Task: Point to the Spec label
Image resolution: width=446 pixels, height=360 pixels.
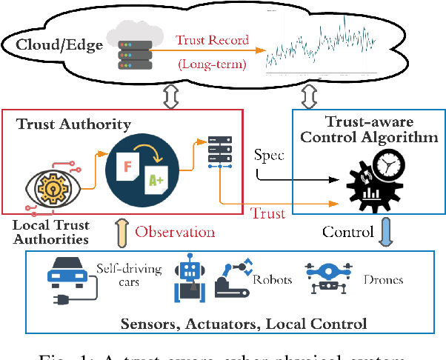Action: point(268,158)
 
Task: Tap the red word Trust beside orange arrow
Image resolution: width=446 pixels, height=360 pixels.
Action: point(268,213)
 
